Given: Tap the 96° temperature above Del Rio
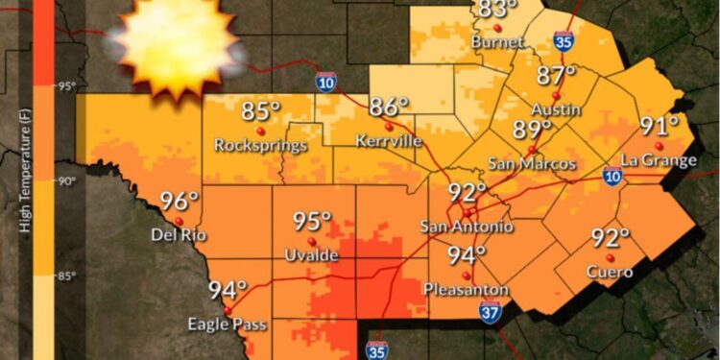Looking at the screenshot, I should click(x=179, y=203).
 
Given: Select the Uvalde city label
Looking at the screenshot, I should click(x=311, y=254).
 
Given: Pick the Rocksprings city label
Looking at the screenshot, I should click(x=261, y=146).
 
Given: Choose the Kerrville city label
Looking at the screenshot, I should click(x=388, y=141).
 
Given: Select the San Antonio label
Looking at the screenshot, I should click(x=468, y=227).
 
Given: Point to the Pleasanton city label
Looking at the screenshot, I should click(x=466, y=288).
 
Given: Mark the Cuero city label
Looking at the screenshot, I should click(x=610, y=272).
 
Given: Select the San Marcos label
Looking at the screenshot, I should click(x=532, y=164).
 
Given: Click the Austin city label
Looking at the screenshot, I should click(x=555, y=109).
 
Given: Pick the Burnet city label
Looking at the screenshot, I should click(x=497, y=42).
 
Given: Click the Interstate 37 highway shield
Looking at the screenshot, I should click(x=491, y=311).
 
